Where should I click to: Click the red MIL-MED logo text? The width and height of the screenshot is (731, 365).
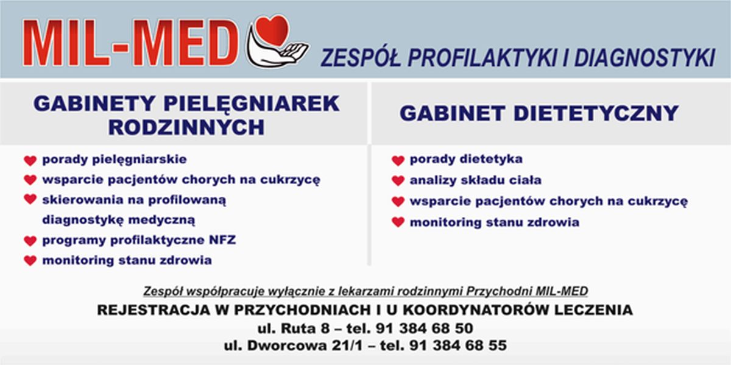point(130,43)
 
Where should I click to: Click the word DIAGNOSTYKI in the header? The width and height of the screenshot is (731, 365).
point(645,58)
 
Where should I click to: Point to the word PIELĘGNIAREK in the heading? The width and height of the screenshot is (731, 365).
point(251,104)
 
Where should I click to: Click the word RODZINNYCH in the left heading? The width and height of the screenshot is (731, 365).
point(186,127)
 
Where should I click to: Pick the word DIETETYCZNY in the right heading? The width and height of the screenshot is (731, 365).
point(596,113)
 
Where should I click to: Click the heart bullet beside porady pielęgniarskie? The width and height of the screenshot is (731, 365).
point(30,160)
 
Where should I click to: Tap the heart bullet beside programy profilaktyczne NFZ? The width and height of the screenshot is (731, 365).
point(30,241)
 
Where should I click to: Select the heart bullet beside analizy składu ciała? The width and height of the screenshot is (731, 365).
point(398,180)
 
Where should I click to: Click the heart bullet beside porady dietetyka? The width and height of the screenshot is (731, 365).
point(398,160)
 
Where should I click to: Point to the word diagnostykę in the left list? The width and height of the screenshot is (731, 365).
point(83,221)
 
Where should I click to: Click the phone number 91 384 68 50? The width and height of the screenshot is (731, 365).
point(425,328)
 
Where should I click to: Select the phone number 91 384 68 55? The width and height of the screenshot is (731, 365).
point(458,346)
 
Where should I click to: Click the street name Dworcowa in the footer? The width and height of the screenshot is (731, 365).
point(287,346)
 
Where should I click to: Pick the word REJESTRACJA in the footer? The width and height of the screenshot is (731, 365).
point(154,310)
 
